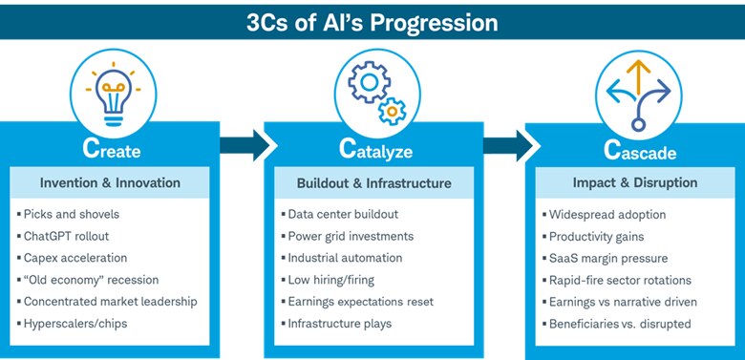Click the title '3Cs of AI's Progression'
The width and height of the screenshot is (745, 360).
pyautogui.click(x=372, y=20)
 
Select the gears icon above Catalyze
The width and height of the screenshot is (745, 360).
pyautogui.click(x=372, y=92)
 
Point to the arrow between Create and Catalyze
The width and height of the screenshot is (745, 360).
pyautogui.click(x=244, y=146)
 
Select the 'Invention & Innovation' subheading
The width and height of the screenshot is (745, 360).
pyautogui.click(x=111, y=182)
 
